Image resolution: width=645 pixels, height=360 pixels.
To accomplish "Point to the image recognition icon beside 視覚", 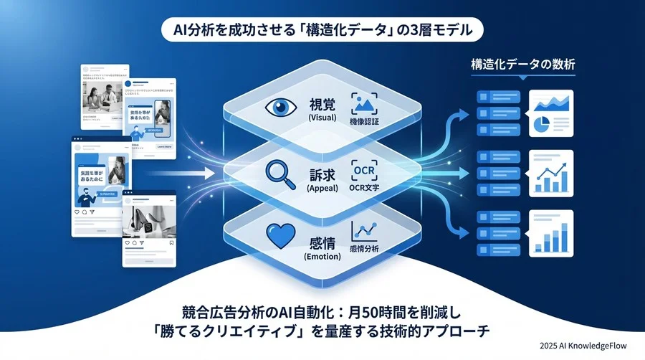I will click(x=364, y=103).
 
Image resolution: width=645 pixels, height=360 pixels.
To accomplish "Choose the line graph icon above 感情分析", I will click(x=364, y=231).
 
